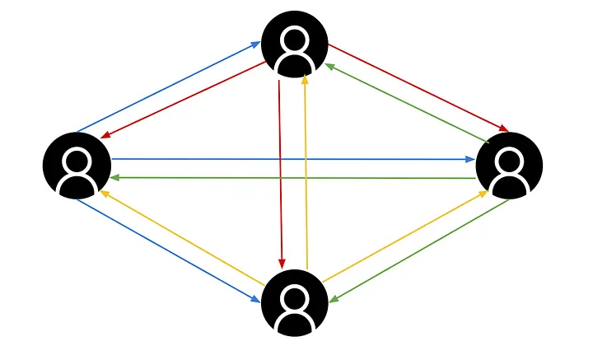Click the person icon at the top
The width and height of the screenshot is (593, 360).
pos(295,44)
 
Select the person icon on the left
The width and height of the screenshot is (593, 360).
pos(77,165)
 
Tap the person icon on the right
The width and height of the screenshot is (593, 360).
pos(509,165)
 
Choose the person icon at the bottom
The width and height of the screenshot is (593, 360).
pos(295,302)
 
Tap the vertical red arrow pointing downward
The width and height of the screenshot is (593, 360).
pos(280,173)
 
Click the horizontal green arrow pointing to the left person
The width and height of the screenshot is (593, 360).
pos(292,177)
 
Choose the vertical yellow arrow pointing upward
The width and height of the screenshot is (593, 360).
pos(306,173)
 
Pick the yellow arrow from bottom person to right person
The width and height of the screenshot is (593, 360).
pos(404,236)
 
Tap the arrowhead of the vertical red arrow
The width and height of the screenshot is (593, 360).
pos(282,264)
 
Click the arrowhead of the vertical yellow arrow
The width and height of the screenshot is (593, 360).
pos(305,79)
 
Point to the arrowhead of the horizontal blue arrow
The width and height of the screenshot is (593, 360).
pos(470,159)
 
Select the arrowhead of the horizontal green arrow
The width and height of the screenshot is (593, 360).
pos(116,177)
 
